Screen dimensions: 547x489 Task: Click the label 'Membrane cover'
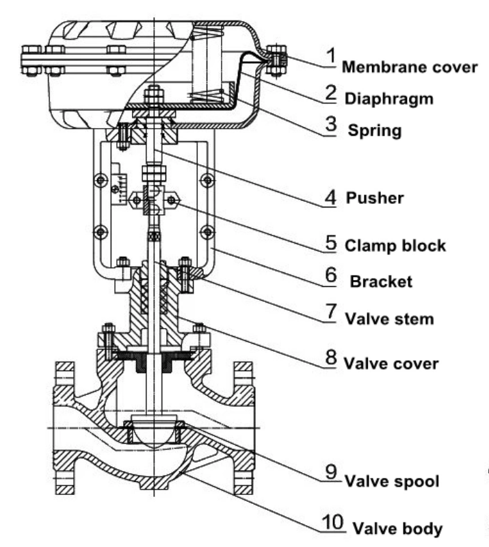tap(409, 67)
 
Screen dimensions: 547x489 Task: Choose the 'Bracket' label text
tap(381, 281)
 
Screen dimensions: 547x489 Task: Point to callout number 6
tap(331, 276)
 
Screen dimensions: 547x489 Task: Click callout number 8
tap(331, 357)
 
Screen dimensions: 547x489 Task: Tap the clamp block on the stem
tap(154, 199)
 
